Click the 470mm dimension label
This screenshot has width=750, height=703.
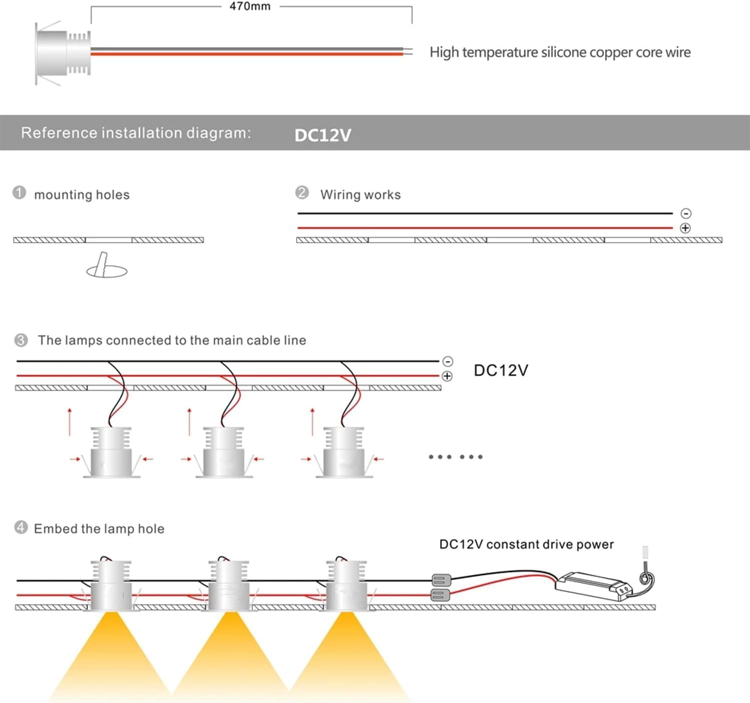pos(250,6)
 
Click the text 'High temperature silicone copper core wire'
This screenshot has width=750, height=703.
pos(560,52)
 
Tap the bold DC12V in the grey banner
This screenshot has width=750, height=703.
pos(322,135)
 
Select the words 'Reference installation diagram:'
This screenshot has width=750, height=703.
pos(136,133)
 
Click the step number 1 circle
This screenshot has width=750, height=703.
pos(19,192)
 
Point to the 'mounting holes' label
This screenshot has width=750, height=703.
pos(81,194)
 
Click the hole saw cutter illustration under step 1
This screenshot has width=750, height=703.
pos(106,266)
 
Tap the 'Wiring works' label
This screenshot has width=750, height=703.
pos(360,194)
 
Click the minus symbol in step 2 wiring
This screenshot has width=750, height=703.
pos(686,213)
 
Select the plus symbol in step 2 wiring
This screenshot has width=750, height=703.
pos(685,228)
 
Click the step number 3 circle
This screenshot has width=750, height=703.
pos(20,340)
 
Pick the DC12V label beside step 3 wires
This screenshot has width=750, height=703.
pos(501,370)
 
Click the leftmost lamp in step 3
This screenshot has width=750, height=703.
pos(111,452)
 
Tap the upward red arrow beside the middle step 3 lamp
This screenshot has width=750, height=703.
pos(189,421)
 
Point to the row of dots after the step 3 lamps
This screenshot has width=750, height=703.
pos(455,456)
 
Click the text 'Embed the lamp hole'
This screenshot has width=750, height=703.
pos(99,529)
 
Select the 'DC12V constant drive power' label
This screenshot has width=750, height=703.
pos(526,544)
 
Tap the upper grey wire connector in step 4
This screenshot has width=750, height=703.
pos(440,580)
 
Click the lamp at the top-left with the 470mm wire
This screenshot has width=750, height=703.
pos(62,52)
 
